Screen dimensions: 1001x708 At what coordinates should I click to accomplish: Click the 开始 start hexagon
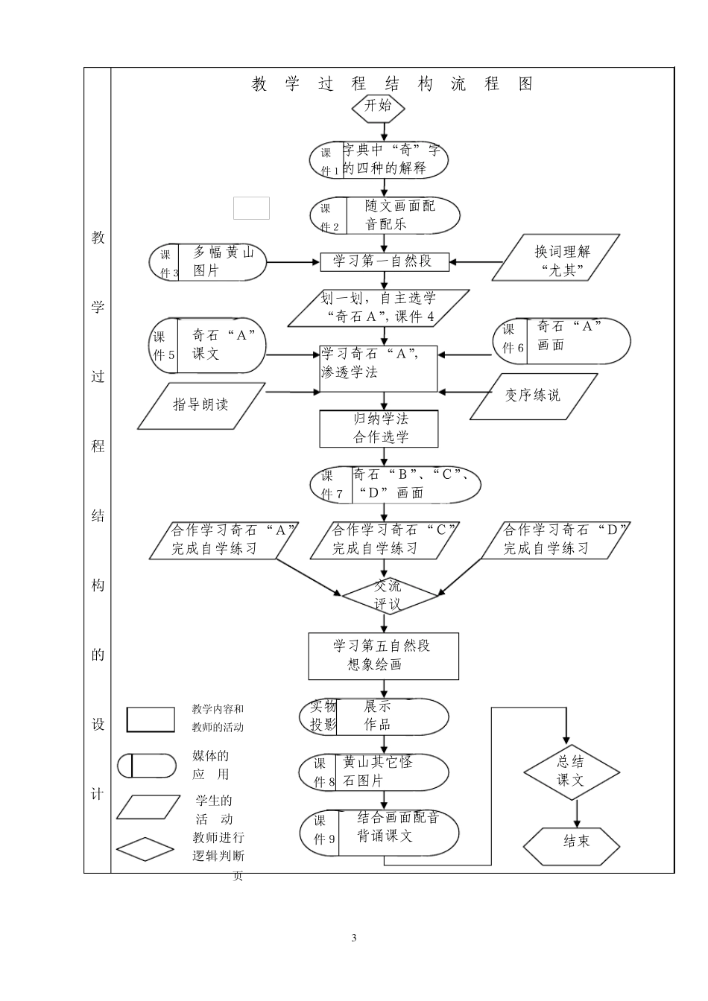click(x=379, y=107)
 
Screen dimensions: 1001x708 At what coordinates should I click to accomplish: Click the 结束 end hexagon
click(x=572, y=842)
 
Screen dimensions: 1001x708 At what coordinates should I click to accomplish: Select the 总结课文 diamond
click(x=571, y=772)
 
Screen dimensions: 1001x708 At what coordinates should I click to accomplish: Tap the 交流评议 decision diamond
click(x=388, y=595)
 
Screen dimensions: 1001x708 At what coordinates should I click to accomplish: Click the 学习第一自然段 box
click(x=385, y=261)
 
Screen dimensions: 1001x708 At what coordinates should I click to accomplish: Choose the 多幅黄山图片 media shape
click(x=208, y=263)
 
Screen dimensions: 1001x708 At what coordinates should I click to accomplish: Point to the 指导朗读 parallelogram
click(x=200, y=405)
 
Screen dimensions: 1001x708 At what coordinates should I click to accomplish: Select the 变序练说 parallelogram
click(x=533, y=395)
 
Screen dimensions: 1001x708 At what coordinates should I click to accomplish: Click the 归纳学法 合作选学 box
click(x=379, y=428)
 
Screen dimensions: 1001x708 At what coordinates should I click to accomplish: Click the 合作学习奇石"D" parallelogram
click(x=555, y=539)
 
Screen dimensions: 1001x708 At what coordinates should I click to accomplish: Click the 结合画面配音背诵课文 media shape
click(x=380, y=832)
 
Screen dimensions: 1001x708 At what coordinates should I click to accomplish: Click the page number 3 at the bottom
click(x=354, y=938)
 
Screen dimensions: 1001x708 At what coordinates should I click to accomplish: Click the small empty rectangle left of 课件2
click(x=251, y=208)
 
